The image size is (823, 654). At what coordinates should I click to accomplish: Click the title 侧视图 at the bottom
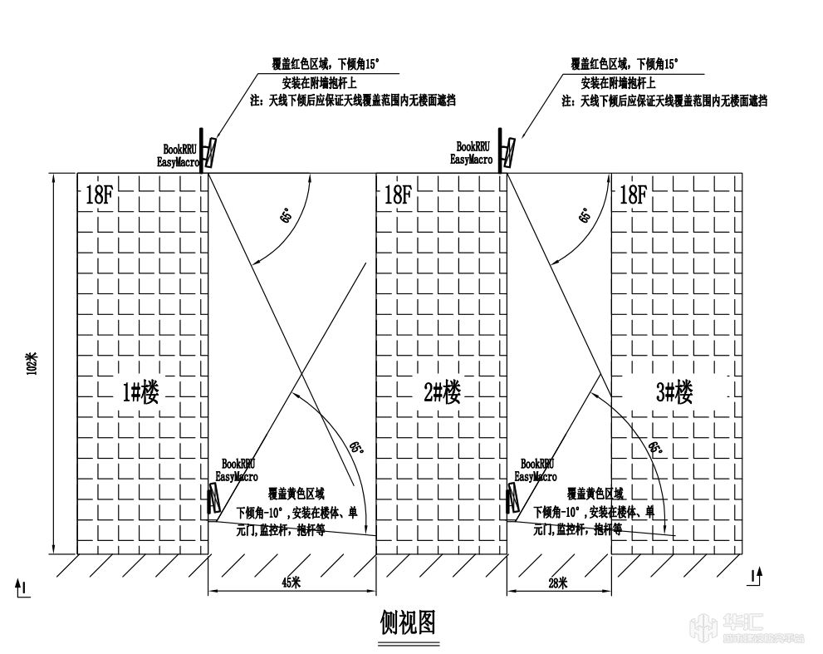tap(407, 622)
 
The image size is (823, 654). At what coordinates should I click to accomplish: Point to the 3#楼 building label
tap(674, 391)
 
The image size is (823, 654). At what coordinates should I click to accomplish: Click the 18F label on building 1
tap(98, 196)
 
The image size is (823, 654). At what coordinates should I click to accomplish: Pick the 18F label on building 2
tap(397, 196)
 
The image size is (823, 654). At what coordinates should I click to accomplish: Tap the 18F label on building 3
tap(632, 196)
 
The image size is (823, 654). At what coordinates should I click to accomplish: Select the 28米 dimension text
tap(557, 583)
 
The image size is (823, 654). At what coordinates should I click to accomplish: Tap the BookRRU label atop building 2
tap(473, 147)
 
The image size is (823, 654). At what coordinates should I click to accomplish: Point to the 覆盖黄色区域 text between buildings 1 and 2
tap(296, 494)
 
